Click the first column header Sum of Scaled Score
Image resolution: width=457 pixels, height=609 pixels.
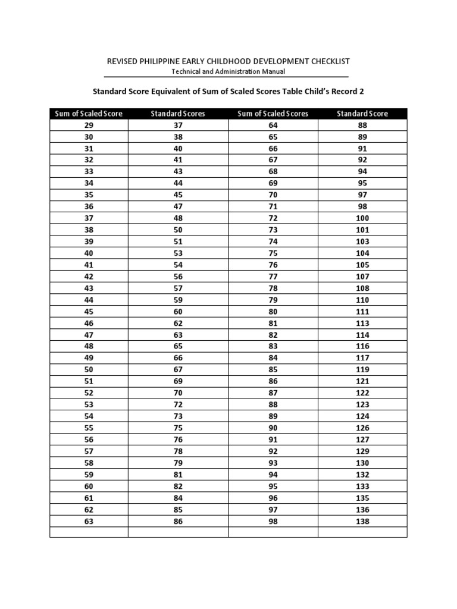(89, 114)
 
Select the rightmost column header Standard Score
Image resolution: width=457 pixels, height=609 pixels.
(362, 114)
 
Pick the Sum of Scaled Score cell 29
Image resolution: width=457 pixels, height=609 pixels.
(89, 125)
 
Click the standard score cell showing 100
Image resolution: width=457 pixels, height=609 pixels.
(362, 218)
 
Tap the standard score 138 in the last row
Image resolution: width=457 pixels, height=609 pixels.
(362, 521)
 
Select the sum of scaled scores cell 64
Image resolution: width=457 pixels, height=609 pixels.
(273, 125)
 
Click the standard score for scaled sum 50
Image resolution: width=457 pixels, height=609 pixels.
(178, 370)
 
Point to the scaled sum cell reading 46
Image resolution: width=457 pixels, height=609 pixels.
(89, 323)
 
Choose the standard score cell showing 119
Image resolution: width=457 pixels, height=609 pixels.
(362, 370)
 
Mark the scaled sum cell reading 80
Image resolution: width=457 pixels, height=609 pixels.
(273, 312)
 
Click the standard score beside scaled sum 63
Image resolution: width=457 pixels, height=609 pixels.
(178, 521)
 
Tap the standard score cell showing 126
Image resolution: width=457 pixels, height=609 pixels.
(362, 428)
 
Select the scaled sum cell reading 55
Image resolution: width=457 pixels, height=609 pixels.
(89, 428)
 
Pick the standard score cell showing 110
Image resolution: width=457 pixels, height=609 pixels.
(362, 300)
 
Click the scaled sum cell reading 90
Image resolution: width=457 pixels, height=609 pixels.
(273, 428)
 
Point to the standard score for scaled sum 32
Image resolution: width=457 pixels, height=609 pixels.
(178, 160)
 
